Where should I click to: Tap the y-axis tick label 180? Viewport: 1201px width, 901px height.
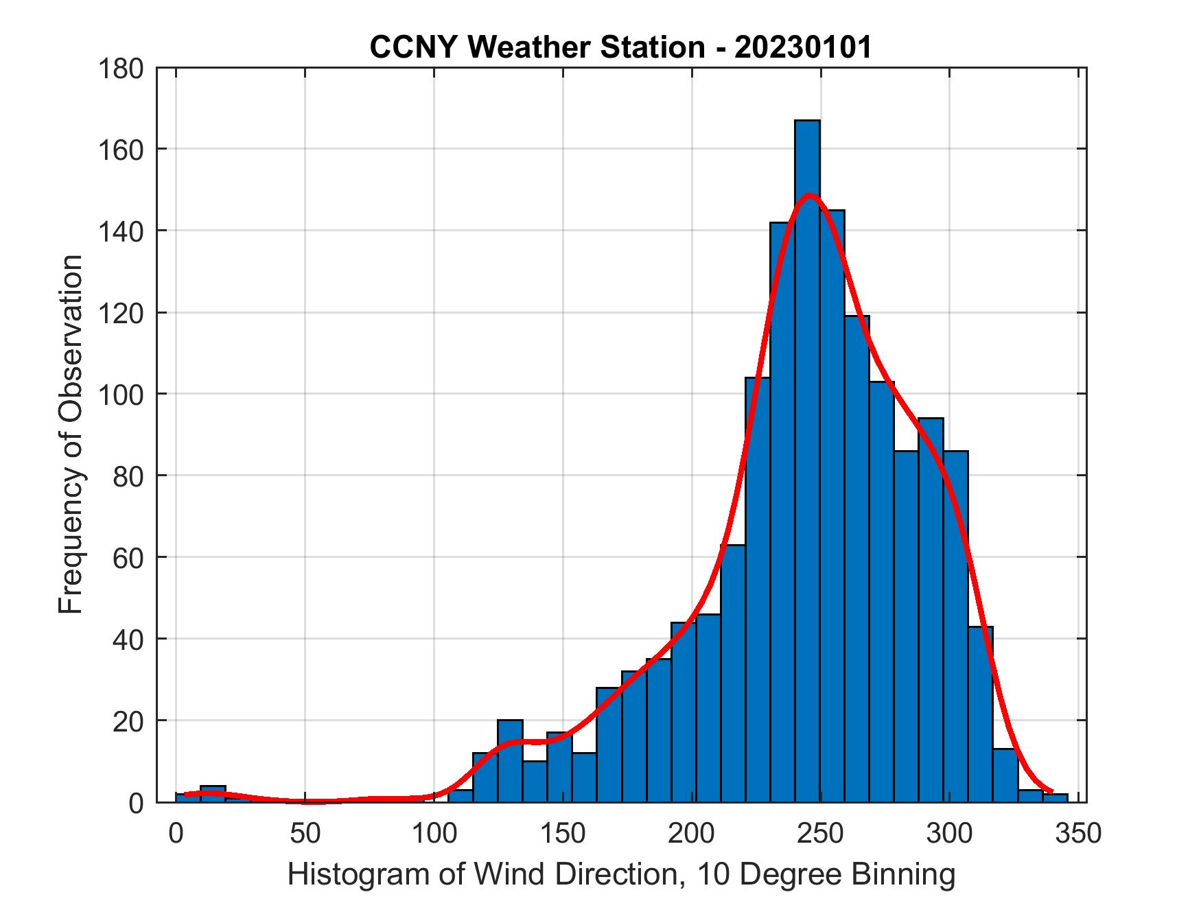[121, 69]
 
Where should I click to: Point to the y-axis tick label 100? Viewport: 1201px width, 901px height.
[121, 395]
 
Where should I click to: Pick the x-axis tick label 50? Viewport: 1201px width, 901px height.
[305, 834]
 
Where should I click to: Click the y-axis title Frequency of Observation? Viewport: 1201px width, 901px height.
[71, 434]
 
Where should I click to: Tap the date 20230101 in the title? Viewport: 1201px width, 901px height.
[804, 47]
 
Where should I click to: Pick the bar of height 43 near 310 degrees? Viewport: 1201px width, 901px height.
[981, 714]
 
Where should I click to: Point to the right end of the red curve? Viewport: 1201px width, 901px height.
[1051, 791]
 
